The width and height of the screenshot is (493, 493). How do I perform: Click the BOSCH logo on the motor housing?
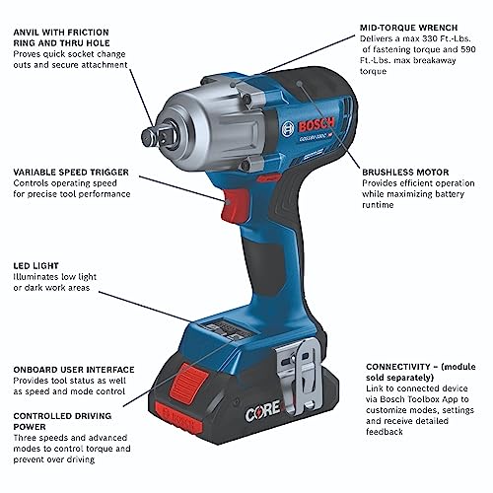coord(317,124)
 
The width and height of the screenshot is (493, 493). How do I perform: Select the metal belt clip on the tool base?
coord(300,373)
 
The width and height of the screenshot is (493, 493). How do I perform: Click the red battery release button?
coord(189,381)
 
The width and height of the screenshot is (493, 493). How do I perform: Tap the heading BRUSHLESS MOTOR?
coord(405,173)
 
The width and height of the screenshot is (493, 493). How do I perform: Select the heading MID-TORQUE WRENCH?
coord(408,28)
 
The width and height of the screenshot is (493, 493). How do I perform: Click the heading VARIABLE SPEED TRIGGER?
coord(71,173)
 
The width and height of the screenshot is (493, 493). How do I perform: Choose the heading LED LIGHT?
coord(36,265)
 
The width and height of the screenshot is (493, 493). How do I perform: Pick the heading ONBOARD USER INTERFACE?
coord(74,370)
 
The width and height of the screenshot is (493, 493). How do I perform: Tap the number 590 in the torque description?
coord(468,49)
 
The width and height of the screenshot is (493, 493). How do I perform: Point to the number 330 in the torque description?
coord(429,38)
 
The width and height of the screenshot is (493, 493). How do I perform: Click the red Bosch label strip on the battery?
coord(178,418)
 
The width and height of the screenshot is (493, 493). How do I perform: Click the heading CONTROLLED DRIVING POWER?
coord(62,421)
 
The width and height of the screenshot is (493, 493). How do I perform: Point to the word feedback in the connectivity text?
coord(385,432)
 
